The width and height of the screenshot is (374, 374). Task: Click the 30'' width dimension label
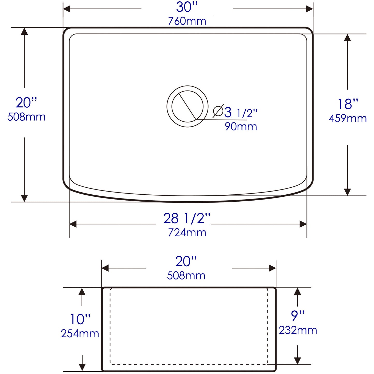click(187, 7)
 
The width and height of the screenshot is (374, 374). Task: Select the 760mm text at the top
click(187, 21)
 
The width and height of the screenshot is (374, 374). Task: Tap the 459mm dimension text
click(348, 119)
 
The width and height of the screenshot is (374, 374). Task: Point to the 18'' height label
click(348, 104)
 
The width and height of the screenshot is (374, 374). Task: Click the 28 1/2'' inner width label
click(187, 218)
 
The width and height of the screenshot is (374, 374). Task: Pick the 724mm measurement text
click(187, 233)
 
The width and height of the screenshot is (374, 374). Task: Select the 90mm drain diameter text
click(241, 127)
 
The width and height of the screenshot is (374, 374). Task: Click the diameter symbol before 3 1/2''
click(218, 112)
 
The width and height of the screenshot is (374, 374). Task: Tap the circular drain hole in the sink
click(187, 106)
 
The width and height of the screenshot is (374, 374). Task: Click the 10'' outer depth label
click(80, 319)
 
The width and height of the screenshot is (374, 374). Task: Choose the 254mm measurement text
click(80, 334)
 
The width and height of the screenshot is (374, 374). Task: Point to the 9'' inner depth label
click(298, 316)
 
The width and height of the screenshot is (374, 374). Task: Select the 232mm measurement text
click(298, 330)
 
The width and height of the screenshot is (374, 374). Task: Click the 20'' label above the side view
click(186, 261)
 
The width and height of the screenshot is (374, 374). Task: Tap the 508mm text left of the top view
click(26, 117)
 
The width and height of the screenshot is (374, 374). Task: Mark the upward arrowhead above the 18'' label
click(347, 38)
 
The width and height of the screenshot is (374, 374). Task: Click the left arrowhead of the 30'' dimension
click(67, 9)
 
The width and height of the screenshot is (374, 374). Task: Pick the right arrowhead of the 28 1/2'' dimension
click(303, 224)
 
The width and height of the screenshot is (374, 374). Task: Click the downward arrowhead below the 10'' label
click(82, 367)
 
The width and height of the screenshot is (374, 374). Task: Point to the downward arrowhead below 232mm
click(298, 361)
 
